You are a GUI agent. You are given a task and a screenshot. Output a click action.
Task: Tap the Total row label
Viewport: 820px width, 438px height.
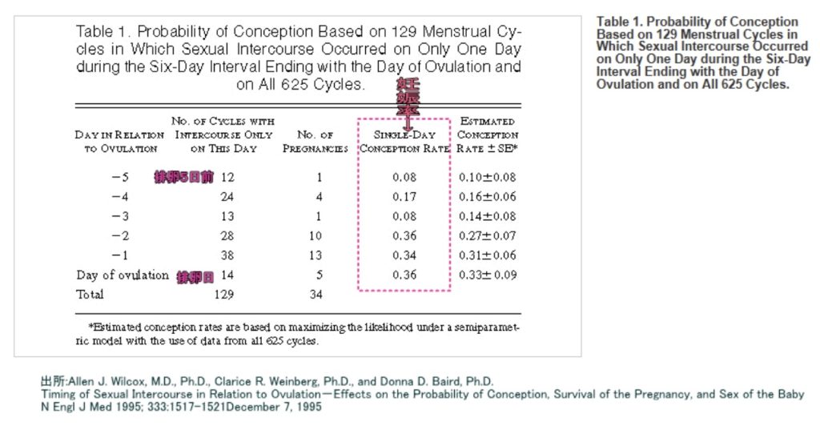pos(90,295)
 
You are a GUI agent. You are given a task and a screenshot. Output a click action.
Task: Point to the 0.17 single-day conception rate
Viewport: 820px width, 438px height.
pos(404,196)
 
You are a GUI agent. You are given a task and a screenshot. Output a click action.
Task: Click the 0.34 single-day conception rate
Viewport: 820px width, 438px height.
pos(404,255)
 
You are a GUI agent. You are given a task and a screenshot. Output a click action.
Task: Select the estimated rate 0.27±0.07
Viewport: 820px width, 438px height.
pos(488,236)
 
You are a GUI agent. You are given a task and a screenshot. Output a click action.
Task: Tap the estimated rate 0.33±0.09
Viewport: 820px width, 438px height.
pos(488,275)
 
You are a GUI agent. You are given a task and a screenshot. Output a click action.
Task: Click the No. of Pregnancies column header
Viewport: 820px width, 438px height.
pos(315,142)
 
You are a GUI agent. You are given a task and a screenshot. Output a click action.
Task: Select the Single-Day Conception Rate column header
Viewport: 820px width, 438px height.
pos(404,142)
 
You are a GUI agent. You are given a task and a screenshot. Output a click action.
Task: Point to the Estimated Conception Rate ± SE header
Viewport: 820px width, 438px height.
pos(488,135)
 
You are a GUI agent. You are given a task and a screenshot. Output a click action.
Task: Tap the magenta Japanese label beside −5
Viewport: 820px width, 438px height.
pos(184,177)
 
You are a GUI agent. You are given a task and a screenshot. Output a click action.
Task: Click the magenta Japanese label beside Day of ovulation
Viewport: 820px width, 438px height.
pos(195,275)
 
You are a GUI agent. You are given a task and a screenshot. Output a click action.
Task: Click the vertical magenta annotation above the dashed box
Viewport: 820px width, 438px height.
pos(407,98)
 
